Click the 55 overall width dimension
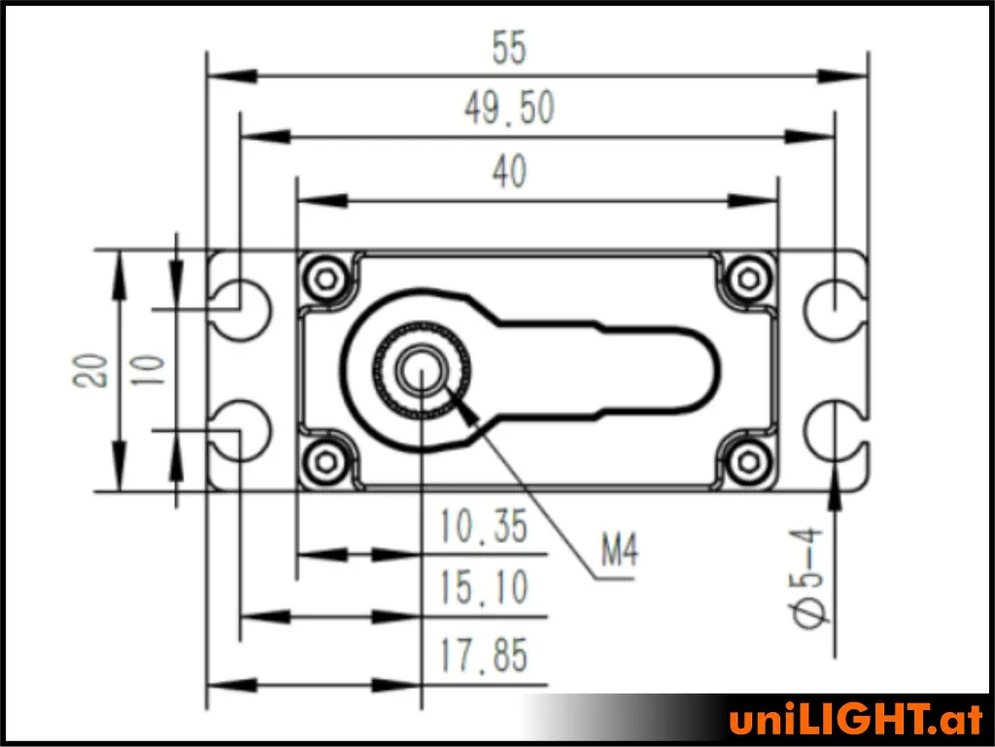(x=509, y=49)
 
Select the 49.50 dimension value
(x=509, y=109)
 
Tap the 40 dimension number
(x=509, y=172)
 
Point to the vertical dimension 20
(x=94, y=369)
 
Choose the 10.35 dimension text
(x=483, y=527)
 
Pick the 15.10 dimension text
(x=483, y=588)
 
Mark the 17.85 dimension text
(x=483, y=657)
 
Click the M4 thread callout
(x=619, y=554)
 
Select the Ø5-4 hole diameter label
(x=809, y=578)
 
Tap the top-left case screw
(x=325, y=279)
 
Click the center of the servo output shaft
(x=421, y=369)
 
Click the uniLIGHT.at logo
(x=855, y=721)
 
